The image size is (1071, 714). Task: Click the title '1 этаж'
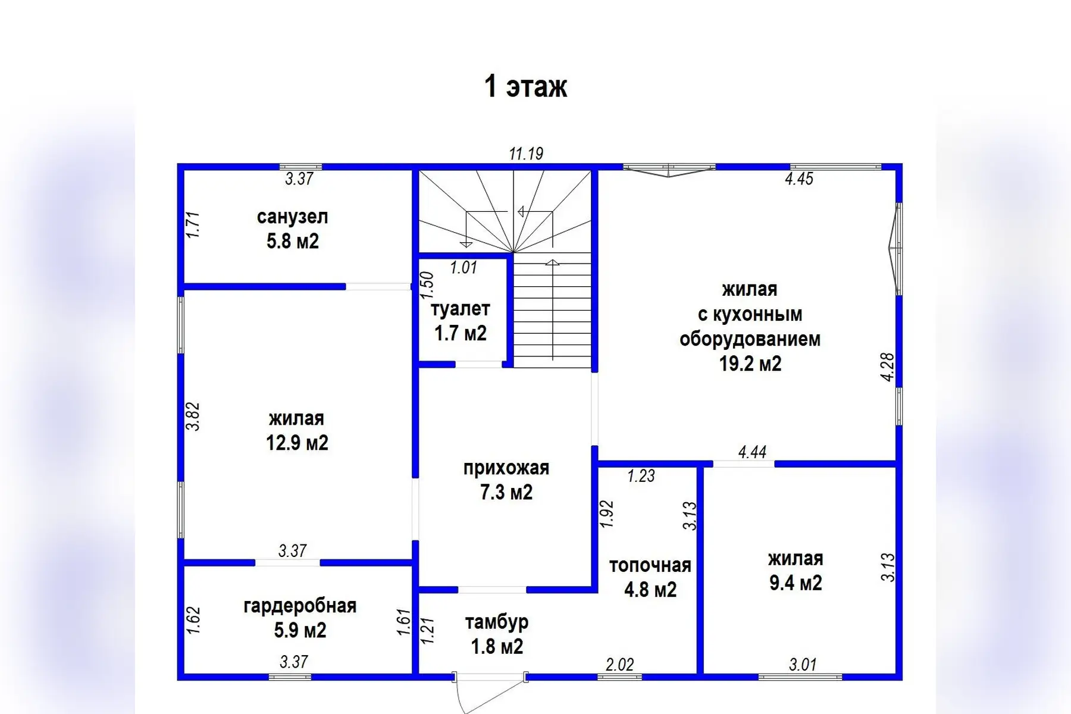click(526, 86)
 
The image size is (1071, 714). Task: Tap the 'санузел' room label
click(292, 217)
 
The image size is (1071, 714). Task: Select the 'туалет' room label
click(460, 309)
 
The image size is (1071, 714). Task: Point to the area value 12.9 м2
click(297, 443)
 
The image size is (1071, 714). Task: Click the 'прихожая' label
click(506, 468)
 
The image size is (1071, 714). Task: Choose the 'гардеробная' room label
click(300, 606)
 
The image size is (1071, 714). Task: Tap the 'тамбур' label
click(497, 622)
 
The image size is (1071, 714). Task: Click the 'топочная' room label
click(650, 565)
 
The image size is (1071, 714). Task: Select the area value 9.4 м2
click(796, 583)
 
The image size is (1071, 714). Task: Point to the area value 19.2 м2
click(750, 363)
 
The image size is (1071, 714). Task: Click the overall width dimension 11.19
click(526, 154)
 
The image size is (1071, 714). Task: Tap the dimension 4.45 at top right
click(798, 178)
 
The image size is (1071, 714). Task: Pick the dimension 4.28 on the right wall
click(887, 367)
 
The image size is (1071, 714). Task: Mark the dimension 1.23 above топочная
click(641, 476)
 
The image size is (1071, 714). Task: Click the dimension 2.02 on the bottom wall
click(619, 664)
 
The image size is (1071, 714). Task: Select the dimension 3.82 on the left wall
click(193, 416)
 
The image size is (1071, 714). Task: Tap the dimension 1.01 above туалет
click(464, 268)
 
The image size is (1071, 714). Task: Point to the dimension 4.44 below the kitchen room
click(752, 452)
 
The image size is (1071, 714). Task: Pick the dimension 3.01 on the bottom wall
click(803, 664)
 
